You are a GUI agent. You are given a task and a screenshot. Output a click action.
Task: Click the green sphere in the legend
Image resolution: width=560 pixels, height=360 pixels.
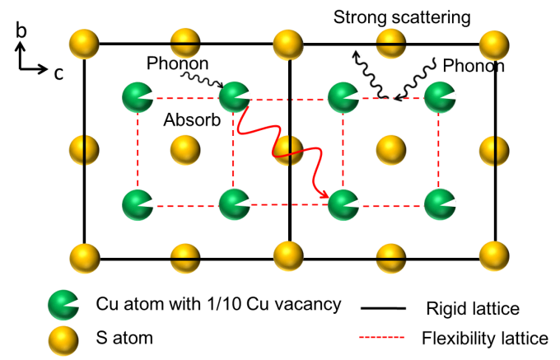pyautogui.click(x=63, y=305)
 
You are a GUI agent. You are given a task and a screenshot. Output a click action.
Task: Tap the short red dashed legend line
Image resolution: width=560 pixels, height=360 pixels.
pyautogui.click(x=381, y=337)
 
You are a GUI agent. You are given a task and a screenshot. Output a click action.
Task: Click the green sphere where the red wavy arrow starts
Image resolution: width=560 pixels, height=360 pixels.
pyautogui.click(x=235, y=97)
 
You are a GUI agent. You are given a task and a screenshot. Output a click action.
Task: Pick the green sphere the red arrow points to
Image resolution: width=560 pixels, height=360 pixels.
pyautogui.click(x=343, y=205)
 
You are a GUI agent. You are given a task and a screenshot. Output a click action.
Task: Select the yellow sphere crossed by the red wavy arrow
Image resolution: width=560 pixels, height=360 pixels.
pyautogui.click(x=288, y=150)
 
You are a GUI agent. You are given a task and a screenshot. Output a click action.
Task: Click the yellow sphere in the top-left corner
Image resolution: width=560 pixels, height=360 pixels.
pyautogui.click(x=84, y=44)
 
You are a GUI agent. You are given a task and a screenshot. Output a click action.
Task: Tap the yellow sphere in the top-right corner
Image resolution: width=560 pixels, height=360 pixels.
pyautogui.click(x=493, y=44)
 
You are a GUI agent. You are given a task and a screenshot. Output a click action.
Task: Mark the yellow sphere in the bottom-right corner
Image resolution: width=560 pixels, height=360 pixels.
pyautogui.click(x=493, y=256)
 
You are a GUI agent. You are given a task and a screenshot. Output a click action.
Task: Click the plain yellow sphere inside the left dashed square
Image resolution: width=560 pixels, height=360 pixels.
pyautogui.click(x=185, y=150)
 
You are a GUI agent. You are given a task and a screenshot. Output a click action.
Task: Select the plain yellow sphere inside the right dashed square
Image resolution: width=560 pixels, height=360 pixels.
pyautogui.click(x=390, y=150)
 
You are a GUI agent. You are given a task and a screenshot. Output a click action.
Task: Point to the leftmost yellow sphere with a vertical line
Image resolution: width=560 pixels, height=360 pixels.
pyautogui.click(x=84, y=150)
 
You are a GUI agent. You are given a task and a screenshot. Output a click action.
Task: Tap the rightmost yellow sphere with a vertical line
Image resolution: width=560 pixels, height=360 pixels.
pyautogui.click(x=494, y=150)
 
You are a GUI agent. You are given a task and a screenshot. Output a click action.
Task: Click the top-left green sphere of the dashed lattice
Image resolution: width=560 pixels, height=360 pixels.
pyautogui.click(x=138, y=97)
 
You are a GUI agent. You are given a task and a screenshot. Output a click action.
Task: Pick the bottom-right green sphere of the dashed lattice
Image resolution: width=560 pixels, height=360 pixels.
pyautogui.click(x=440, y=204)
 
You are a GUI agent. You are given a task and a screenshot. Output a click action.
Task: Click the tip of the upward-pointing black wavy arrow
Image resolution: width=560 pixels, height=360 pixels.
pyautogui.click(x=354, y=51)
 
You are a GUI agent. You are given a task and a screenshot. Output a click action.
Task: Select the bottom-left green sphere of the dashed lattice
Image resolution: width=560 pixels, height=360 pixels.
pyautogui.click(x=138, y=205)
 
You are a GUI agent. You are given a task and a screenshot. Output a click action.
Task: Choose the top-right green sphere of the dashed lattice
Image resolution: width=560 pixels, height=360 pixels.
pyautogui.click(x=440, y=97)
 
